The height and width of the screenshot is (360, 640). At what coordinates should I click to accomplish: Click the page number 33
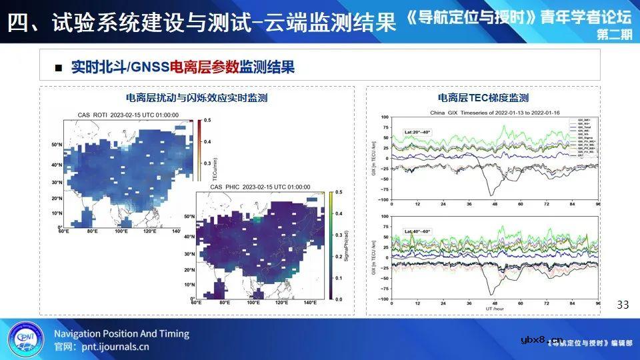pyautogui.click(x=623, y=305)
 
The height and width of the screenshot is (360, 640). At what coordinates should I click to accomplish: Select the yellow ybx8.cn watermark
pyautogui.click(x=541, y=339)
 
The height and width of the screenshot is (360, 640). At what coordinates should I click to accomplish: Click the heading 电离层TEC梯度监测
pyautogui.click(x=483, y=98)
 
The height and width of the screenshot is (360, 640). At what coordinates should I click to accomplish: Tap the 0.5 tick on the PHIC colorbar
pyautogui.click(x=339, y=192)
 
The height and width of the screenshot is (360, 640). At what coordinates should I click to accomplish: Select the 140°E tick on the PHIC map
pyautogui.click(x=309, y=303)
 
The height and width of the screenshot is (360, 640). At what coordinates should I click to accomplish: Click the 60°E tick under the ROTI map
pyautogui.click(x=63, y=231)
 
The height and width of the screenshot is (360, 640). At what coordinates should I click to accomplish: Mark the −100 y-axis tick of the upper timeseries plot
pyautogui.click(x=383, y=199)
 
